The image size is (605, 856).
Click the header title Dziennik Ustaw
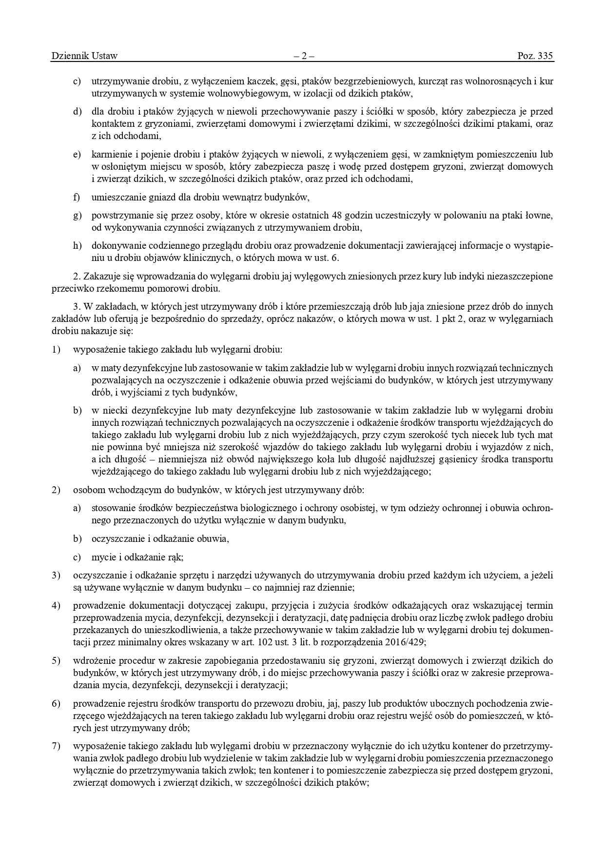click(84, 56)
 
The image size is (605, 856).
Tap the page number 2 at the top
click(303, 56)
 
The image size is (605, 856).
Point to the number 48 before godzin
click(336, 215)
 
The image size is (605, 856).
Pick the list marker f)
click(77, 197)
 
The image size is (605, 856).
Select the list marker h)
click(77, 245)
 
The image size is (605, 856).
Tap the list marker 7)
click(56, 746)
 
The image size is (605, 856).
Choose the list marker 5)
click(56, 661)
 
